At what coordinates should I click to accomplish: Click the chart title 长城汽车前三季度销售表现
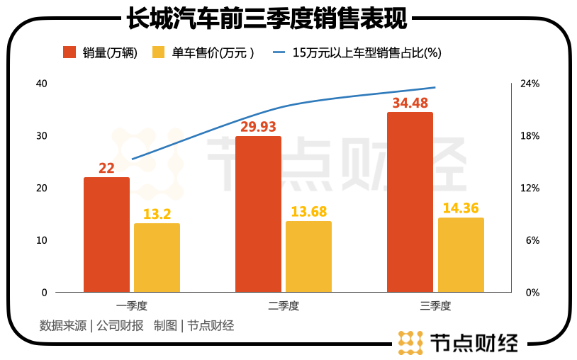pos(267,18)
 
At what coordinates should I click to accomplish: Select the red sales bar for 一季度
pos(106,235)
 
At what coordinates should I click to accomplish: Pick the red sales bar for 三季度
pos(410,202)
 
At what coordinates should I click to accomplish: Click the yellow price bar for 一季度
pos(157,258)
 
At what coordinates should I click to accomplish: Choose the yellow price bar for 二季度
pos(308,257)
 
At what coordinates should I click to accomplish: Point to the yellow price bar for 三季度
pos(461,255)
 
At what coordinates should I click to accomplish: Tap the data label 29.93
pos(258,127)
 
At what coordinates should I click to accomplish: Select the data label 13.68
pos(309,212)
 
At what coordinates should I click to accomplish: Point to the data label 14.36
pos(461,208)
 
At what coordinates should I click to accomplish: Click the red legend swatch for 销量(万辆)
pos(69,52)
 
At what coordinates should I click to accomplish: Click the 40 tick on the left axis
pos(41,84)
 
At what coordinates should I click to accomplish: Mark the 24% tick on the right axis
pos(530,84)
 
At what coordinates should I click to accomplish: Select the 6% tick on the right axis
pos(532,240)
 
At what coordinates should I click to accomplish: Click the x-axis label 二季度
pos(284,307)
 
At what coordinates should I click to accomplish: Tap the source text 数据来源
pos(63,326)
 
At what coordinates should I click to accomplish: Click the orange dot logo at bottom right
pos(410,342)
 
